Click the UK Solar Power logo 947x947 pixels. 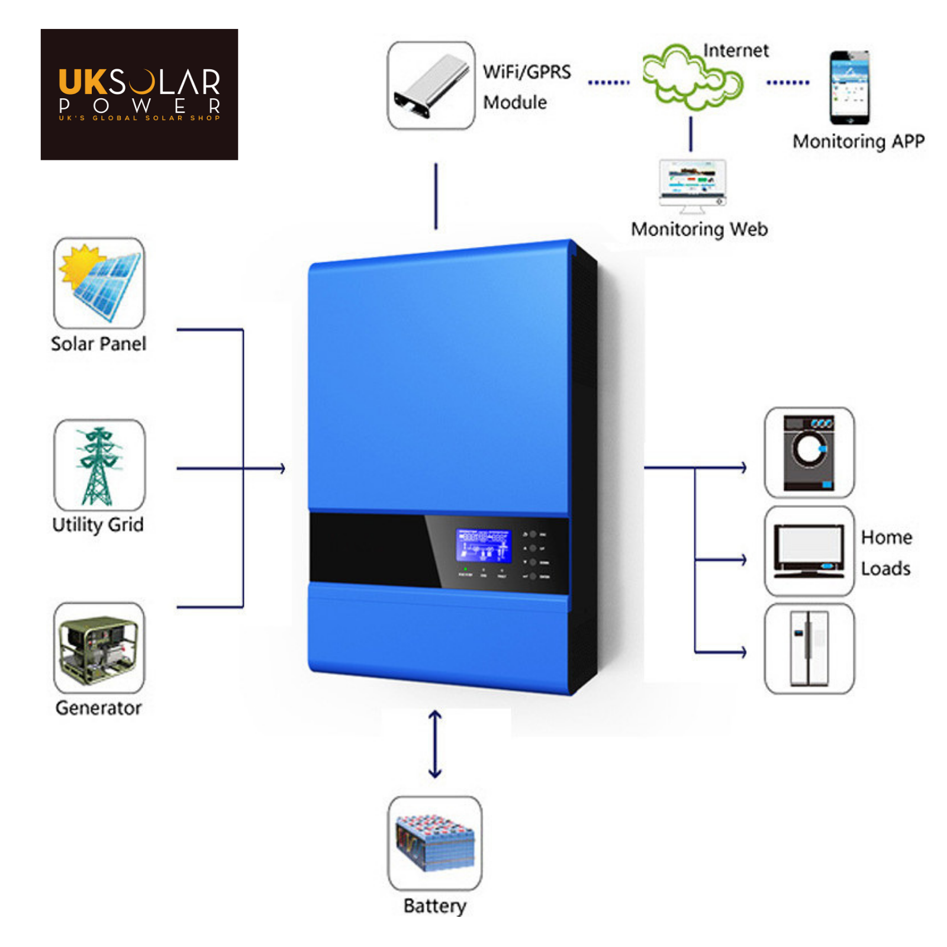[139, 94]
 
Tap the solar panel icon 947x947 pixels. [99, 283]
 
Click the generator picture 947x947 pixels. [99, 649]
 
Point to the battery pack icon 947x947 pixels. [435, 843]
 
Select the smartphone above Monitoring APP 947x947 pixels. [849, 88]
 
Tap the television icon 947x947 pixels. [809, 551]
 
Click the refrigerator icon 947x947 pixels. [809, 649]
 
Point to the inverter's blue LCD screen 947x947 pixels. [483, 545]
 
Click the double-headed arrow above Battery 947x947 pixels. [435, 744]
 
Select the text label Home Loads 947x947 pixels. [885, 553]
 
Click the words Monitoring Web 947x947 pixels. [699, 229]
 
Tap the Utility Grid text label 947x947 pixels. [98, 524]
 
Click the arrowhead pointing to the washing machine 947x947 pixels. [743, 468]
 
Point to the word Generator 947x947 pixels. [98, 708]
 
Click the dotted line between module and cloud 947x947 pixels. [608, 83]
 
